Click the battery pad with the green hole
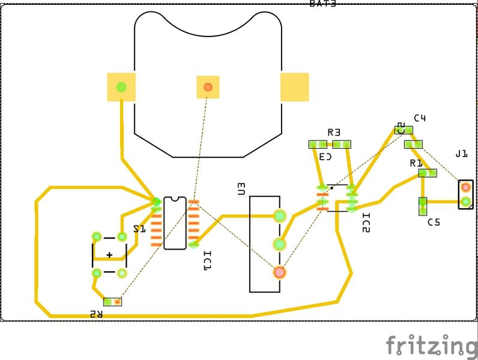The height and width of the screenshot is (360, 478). click(121, 87)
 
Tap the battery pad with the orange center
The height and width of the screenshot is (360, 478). click(208, 87)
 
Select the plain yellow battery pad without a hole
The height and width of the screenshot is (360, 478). click(294, 87)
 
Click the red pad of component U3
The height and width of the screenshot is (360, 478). click(279, 272)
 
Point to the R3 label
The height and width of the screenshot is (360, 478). click(334, 132)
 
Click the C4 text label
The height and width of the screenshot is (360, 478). click(420, 118)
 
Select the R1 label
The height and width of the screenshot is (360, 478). click(416, 163)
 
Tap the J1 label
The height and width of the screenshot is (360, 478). click(461, 154)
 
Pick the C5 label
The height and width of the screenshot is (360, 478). click(434, 222)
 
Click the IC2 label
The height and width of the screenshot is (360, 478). click(366, 223)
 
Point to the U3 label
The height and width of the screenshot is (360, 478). click(241, 189)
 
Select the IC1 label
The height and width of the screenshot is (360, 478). click(207, 262)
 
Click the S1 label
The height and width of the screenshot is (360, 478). click(139, 229)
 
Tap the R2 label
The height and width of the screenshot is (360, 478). click(96, 314)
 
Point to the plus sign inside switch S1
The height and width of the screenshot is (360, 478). click(109, 255)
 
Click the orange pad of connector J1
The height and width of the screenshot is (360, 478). click(465, 187)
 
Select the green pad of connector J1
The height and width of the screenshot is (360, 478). click(465, 202)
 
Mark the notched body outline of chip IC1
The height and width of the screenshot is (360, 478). click(175, 223)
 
